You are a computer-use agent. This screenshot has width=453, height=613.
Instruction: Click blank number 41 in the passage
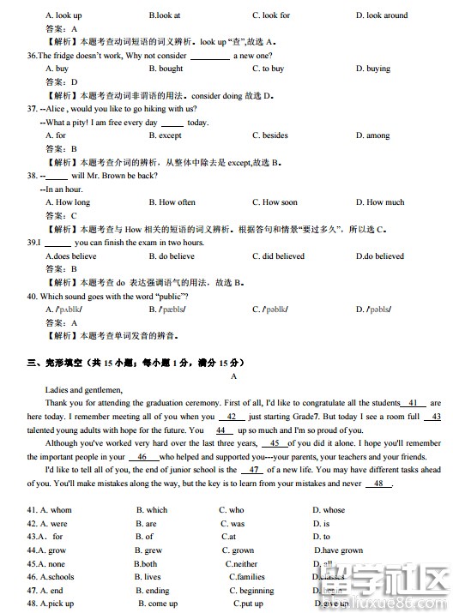[414, 402]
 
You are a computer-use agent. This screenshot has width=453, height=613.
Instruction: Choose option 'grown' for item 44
[243, 550]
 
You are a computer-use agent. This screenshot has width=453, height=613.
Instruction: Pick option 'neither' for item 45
[245, 564]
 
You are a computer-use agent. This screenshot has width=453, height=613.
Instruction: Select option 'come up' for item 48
[163, 604]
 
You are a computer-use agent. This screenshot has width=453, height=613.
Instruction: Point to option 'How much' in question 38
[385, 202]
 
